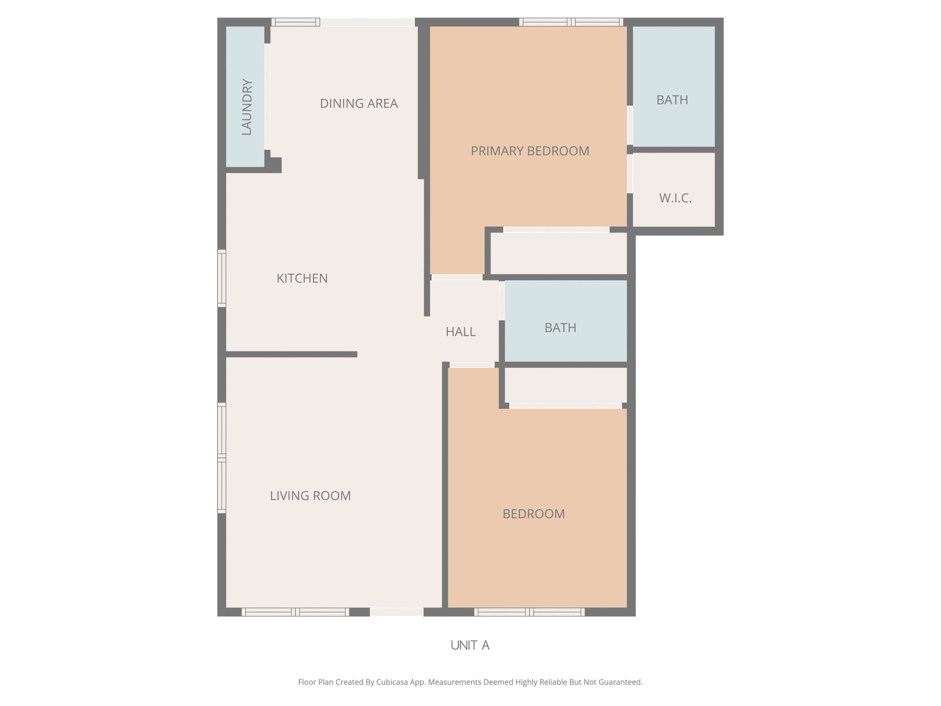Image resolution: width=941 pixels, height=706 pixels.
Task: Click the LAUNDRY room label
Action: coord(247,107)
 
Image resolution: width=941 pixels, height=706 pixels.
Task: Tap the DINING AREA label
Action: coord(359,103)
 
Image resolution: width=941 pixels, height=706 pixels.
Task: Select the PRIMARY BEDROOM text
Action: coord(530,151)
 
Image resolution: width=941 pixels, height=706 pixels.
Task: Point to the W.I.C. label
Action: coord(675,198)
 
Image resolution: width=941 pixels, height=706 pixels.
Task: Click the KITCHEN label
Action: coord(302,278)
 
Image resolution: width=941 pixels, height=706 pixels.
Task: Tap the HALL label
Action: coord(460,331)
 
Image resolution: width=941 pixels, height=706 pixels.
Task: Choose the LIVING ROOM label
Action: coord(310,496)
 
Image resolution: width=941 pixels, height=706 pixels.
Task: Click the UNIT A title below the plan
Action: coord(470,646)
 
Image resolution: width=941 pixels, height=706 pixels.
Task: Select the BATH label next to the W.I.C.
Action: coord(672,100)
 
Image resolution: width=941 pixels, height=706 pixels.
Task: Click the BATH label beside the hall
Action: coord(560,328)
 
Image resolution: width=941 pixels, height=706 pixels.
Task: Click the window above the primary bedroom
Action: coord(571,22)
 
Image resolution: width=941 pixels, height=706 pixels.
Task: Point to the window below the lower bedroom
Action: coord(529,612)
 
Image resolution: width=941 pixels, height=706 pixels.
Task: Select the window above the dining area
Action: coord(296,22)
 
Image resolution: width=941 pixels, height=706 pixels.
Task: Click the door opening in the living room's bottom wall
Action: coord(396,612)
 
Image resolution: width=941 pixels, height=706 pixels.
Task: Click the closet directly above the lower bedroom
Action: coord(565,385)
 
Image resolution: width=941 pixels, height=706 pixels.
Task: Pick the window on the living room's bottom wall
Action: coord(296,612)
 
